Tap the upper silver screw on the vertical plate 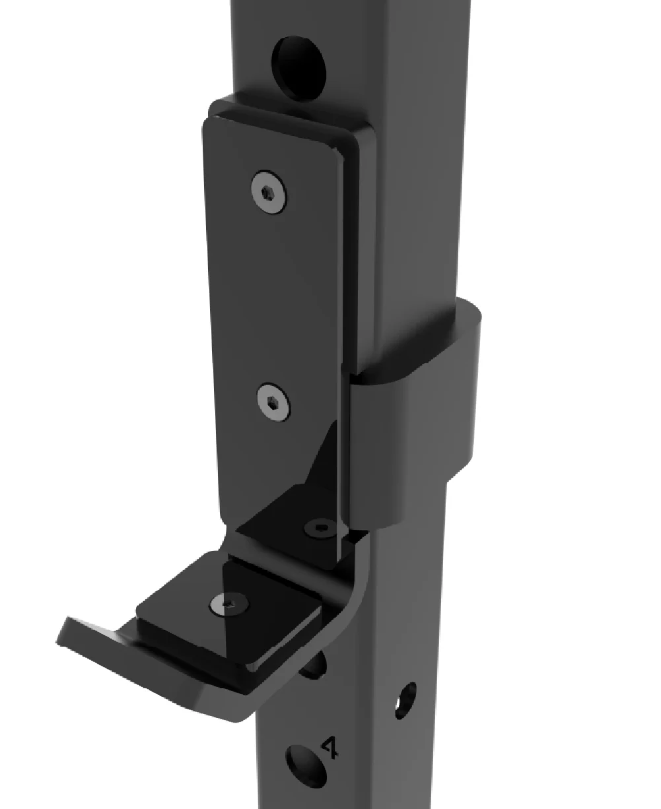click(269, 192)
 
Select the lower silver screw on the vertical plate click(273, 403)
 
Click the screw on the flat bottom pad click(228, 603)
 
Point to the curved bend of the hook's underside click(350, 594)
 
